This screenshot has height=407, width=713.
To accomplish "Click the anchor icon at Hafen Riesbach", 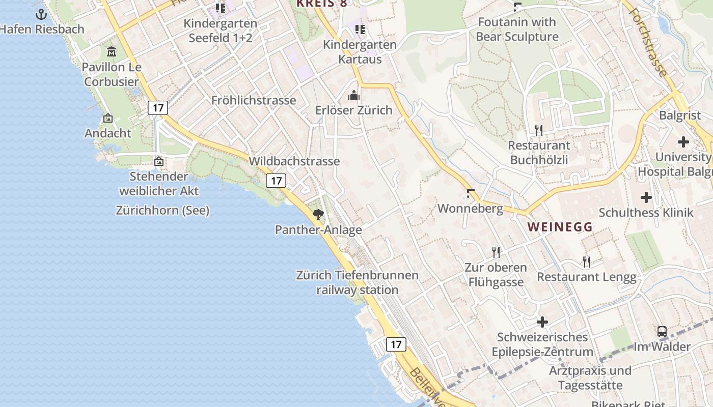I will coord(41,14).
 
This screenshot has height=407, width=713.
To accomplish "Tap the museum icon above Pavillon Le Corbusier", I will coord(112,51).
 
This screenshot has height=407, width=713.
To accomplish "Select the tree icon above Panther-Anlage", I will coord(318,214).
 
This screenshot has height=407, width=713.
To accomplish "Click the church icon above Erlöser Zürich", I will coord(354,95).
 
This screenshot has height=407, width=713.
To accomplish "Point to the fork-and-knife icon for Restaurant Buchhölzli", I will coord(539,130).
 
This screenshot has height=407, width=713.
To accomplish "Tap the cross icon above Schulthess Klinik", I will coord(646,197).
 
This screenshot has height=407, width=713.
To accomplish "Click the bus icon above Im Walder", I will coord(662,331).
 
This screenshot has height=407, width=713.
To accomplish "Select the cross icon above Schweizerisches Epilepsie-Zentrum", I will coord(542,322).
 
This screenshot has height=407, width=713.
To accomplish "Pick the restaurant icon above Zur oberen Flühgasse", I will coord(496,252).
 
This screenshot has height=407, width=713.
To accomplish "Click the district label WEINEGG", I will coord(560,227).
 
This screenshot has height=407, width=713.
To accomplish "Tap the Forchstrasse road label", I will coord(648,38).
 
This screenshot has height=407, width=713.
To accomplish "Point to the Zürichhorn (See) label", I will coord(162,210).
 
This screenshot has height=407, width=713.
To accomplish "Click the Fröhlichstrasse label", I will coord(254,100).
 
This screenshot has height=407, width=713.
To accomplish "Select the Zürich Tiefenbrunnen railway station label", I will coord(357,282).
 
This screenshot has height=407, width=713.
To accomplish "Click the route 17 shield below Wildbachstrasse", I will coord(276,180).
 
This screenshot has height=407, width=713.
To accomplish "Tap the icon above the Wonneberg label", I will coord(471,193).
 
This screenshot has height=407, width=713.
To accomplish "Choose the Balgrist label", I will coord(680,115).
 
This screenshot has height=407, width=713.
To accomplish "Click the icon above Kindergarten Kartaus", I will coord(360,30).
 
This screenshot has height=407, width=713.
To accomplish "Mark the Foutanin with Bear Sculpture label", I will coord(517,30).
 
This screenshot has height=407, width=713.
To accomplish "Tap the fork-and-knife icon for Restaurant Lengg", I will coord(587,261).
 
